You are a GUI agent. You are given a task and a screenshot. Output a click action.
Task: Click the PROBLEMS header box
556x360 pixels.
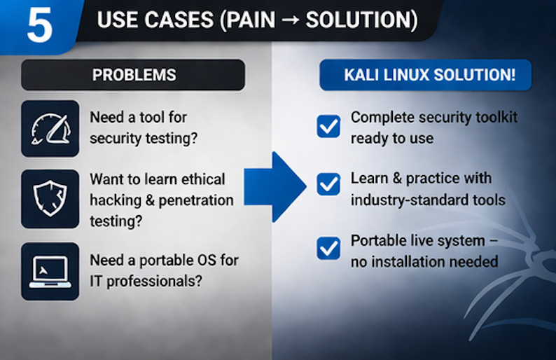(x=133, y=74)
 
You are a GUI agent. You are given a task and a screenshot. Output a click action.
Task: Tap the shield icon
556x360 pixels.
(x=50, y=198)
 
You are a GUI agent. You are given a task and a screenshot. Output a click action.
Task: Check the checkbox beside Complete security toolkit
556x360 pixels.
(x=328, y=126)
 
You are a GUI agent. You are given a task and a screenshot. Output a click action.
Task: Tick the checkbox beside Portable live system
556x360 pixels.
(x=328, y=249)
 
